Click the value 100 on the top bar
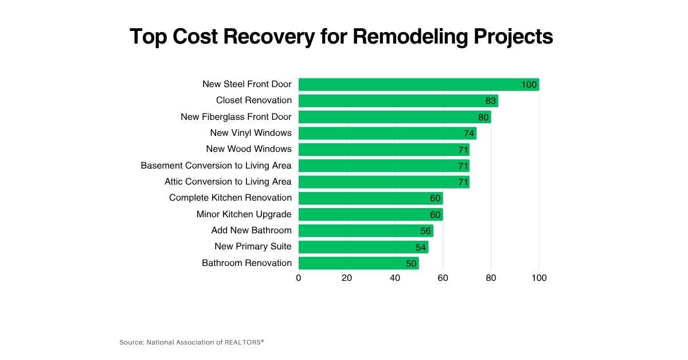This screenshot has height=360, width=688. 529,85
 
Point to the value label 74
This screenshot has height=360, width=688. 469,134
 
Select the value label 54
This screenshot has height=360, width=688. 421,247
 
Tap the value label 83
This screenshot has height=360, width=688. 490,101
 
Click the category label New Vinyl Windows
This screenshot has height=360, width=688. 251,133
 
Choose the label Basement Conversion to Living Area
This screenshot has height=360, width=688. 216,166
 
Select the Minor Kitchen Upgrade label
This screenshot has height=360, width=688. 244,214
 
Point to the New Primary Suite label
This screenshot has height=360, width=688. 253,246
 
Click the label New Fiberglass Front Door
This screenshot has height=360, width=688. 236,117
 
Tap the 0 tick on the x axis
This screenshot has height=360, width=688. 299,278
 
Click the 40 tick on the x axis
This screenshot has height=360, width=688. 395,278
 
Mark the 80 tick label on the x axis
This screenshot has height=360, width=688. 491,278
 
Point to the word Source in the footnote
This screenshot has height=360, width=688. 131,342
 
